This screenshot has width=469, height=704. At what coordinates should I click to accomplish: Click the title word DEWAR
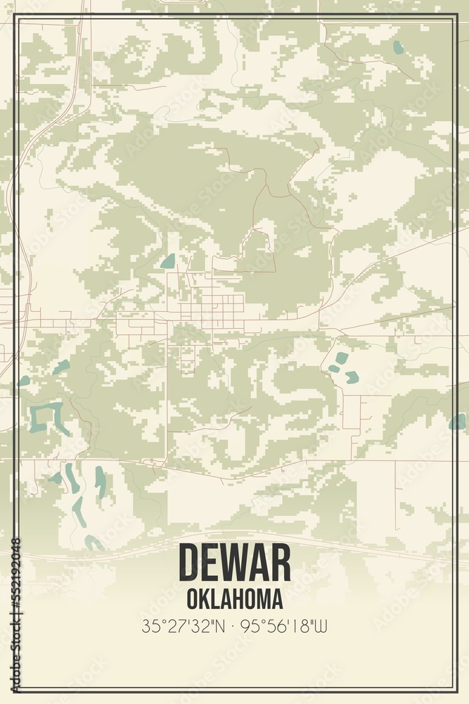[x=234, y=563]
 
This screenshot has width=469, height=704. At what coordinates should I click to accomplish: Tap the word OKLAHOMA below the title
[x=234, y=599]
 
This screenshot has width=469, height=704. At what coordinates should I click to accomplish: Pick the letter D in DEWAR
[x=191, y=563]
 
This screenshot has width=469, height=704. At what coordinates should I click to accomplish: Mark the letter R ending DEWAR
[x=278, y=563]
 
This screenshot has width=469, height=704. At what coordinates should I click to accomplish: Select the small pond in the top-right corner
[x=399, y=47]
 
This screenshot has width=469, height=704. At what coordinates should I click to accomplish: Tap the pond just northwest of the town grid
[x=168, y=262]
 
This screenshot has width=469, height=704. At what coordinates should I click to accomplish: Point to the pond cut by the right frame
[x=457, y=421]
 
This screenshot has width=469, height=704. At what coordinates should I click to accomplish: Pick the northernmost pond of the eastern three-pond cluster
[x=342, y=358]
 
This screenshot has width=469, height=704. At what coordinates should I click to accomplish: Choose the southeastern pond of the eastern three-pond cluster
[x=352, y=377]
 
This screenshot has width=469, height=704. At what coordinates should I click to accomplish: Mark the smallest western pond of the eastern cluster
[x=333, y=368]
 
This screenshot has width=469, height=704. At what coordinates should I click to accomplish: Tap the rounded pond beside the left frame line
[x=25, y=380]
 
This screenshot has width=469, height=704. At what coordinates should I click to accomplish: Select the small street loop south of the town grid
[x=188, y=363]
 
